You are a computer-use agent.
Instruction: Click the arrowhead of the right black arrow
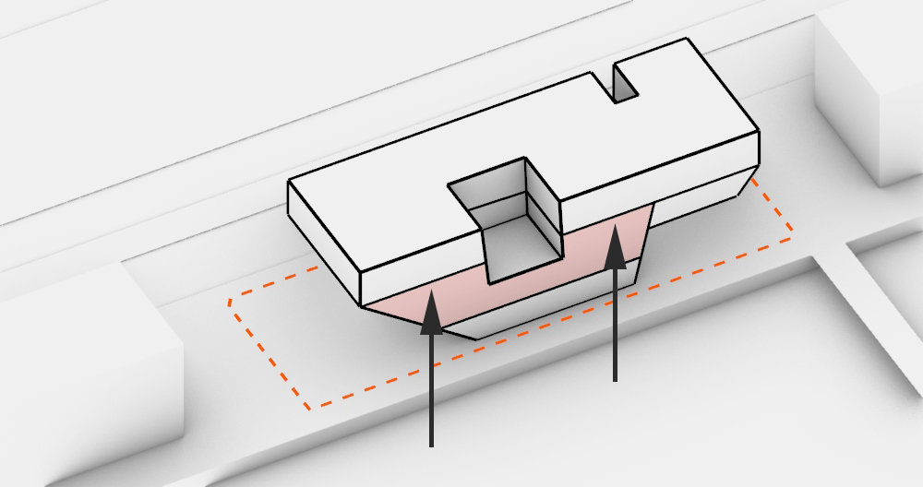tap(615, 241)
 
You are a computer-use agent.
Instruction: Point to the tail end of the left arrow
tap(431, 445)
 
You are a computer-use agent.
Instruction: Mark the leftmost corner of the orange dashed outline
tap(230, 301)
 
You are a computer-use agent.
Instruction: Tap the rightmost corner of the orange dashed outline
tap(791, 239)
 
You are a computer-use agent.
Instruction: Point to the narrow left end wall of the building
tap(323, 235)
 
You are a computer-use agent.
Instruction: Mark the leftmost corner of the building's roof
tap(289, 181)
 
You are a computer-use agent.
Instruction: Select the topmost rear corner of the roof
tap(687, 39)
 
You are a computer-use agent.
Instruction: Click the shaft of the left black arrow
tap(431, 387)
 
